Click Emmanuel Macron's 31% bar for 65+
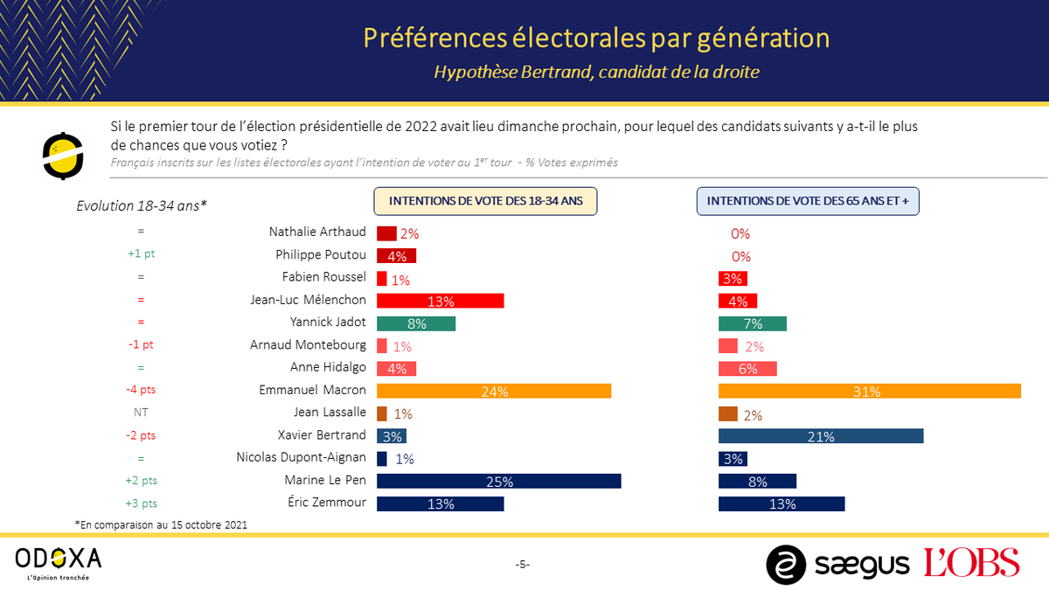[869, 391]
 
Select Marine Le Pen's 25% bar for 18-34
[498, 481]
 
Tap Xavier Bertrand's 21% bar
[820, 436]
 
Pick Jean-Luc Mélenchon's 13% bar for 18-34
[440, 301]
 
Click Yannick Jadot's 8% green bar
[416, 323]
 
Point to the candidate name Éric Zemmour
[326, 503]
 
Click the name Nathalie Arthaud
[317, 233]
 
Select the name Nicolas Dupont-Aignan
[302, 458]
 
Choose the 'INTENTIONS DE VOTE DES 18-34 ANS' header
[486, 201]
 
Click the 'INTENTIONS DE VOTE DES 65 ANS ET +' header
[807, 201]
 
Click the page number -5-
[522, 565]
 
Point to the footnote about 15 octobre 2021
[162, 524]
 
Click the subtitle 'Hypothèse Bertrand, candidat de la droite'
[596, 72]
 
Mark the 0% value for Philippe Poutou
[740, 256]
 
